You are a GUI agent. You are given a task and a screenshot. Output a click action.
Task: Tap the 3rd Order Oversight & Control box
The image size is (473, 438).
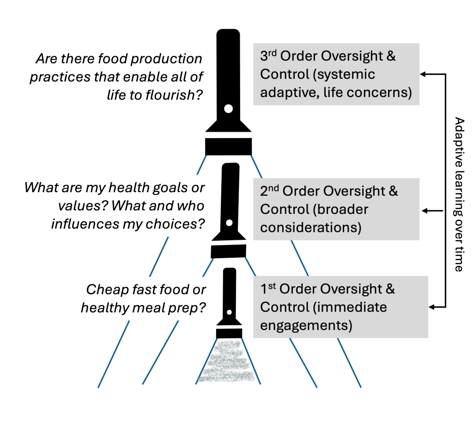336,74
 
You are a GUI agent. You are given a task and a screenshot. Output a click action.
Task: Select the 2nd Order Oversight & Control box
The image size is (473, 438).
336,209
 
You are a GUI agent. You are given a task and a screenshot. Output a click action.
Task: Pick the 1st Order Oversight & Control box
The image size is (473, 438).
340,307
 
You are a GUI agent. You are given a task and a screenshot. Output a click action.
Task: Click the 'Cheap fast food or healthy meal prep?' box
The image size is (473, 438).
137,298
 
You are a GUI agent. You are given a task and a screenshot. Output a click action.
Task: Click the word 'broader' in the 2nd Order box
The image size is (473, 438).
341,209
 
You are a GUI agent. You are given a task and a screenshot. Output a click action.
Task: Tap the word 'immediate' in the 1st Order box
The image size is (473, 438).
352,307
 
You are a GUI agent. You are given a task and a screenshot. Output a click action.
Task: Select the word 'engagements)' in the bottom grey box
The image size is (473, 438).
306,325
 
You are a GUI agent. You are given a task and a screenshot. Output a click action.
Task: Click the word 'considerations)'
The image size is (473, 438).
311,228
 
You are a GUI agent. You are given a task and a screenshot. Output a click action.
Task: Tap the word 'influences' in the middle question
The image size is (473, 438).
79,224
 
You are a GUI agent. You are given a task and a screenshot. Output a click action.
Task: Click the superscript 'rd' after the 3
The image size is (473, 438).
273,53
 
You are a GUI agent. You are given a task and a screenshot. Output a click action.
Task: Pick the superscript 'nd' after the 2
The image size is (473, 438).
273,188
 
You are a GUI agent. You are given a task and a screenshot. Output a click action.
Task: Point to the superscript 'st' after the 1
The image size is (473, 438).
272,286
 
